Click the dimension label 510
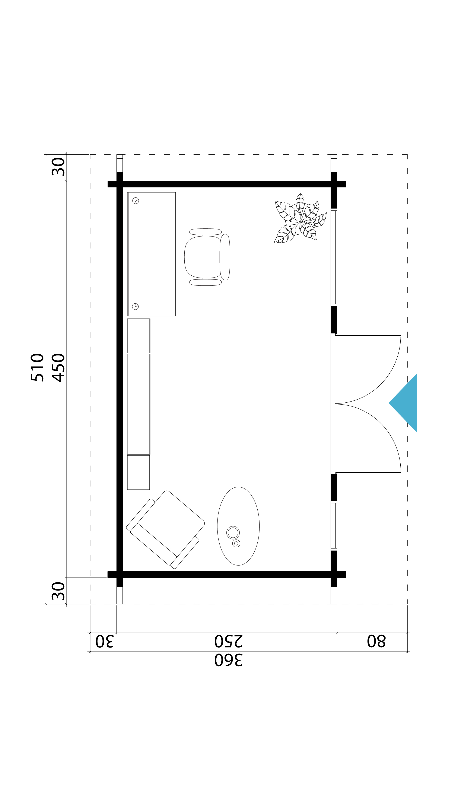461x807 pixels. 37,367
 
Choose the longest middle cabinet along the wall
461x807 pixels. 138,404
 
